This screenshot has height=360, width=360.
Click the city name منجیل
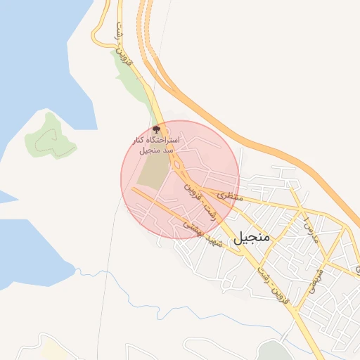[x=250, y=237]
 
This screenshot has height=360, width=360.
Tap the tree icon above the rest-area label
[x=156, y=129]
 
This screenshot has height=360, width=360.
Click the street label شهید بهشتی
[x=203, y=236]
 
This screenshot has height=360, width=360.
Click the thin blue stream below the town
[x=134, y=295]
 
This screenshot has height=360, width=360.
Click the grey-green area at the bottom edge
[x=271, y=352]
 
